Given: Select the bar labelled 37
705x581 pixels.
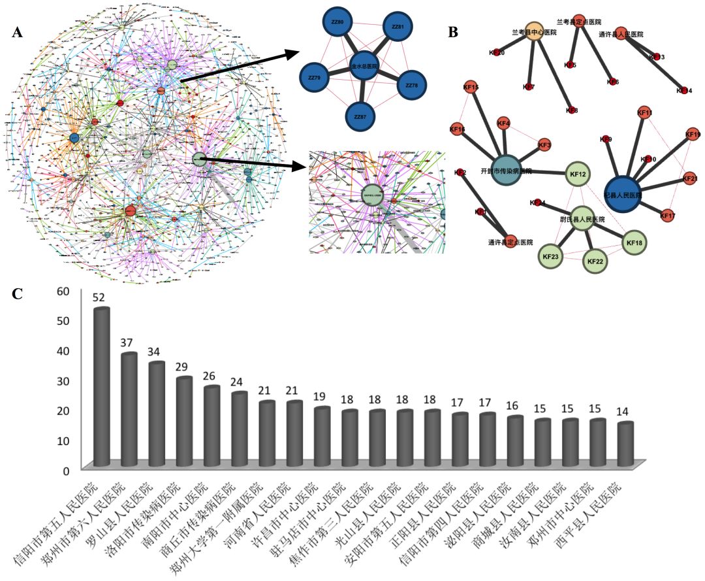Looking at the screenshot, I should pyautogui.click(x=129, y=409).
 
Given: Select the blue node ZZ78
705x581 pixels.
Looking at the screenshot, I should pyautogui.click(x=411, y=86).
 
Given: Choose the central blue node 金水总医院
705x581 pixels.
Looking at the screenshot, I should pyautogui.click(x=364, y=66).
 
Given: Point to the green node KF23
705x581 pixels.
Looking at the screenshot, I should pyautogui.click(x=551, y=257).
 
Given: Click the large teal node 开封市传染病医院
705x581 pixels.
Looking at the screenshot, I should pyautogui.click(x=506, y=170).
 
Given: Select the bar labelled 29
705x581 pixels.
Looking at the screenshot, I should pyautogui.click(x=184, y=421).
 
